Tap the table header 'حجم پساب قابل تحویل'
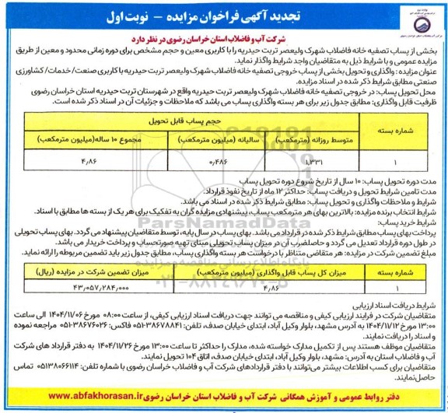pyautogui.click(x=201, y=122)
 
